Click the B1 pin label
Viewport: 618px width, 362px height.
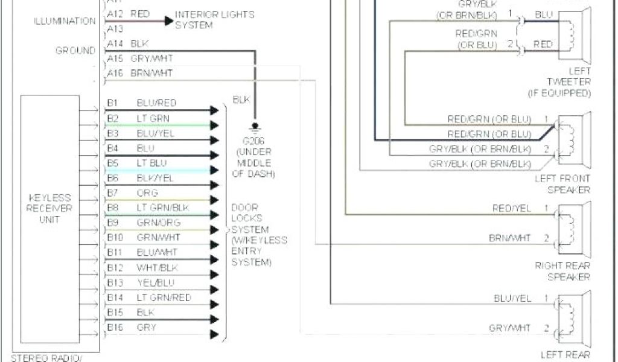pyautogui.click(x=112, y=103)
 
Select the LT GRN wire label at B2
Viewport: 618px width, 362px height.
pyautogui.click(x=153, y=118)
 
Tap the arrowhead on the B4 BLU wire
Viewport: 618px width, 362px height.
pyautogui.click(x=214, y=155)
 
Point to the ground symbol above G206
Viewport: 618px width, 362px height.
pyautogui.click(x=254, y=127)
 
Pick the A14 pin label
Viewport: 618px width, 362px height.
pyautogui.click(x=115, y=44)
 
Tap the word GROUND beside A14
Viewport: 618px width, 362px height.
pyautogui.click(x=75, y=51)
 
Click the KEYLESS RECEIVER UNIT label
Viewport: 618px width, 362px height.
pyautogui.click(x=51, y=208)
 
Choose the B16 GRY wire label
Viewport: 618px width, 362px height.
pyautogui.click(x=147, y=327)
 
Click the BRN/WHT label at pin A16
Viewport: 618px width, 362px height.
pyautogui.click(x=151, y=73)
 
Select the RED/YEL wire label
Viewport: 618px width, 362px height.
pyautogui.click(x=512, y=208)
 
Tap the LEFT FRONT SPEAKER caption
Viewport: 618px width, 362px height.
pyautogui.click(x=562, y=184)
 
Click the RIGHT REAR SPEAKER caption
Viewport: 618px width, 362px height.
pyautogui.click(x=562, y=271)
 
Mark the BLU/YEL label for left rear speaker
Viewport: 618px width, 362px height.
pyautogui.click(x=512, y=298)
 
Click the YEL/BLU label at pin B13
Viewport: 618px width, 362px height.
pyautogui.click(x=156, y=282)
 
